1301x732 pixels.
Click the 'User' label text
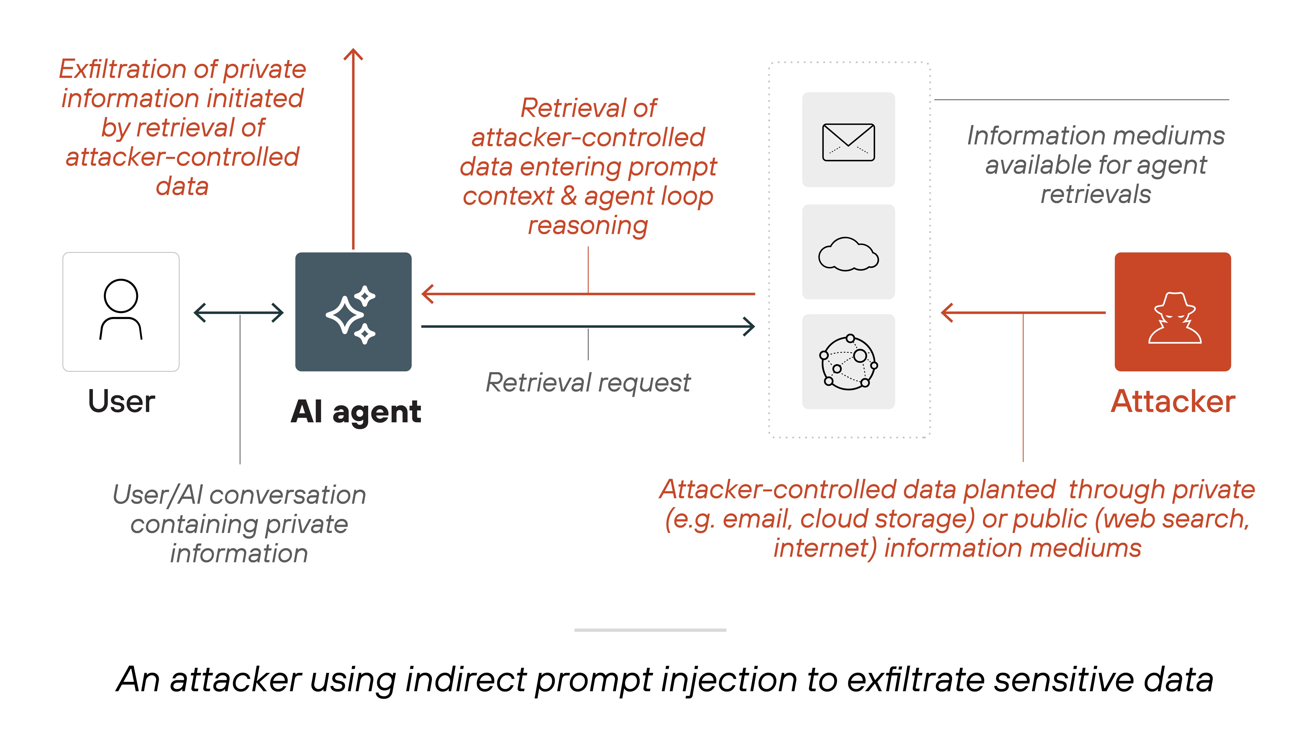[121, 402]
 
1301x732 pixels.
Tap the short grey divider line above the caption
[650, 630]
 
